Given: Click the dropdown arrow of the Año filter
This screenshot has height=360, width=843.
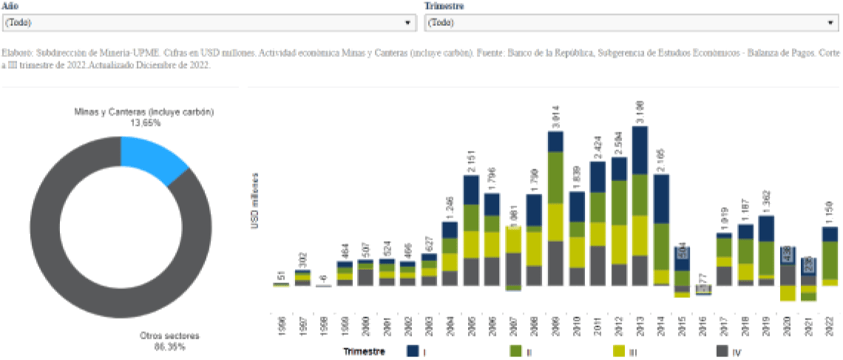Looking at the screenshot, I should pos(407,23).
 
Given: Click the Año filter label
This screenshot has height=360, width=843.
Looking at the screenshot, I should pos(11,6).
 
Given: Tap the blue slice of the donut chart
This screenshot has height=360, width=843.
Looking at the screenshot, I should pos(152,158).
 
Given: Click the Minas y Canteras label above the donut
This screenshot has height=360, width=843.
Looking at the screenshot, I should pos(144,112).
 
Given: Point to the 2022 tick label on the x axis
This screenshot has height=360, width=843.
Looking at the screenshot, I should pos(830,319).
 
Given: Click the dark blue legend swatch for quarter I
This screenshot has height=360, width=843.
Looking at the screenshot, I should pos(413,351).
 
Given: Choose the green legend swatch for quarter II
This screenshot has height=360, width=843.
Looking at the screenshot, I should pos(516,351).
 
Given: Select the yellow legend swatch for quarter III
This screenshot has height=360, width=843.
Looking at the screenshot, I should pos(620,351).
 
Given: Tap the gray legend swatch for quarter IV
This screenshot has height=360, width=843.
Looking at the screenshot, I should pos(722,351).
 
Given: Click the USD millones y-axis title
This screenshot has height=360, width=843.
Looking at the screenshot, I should pos(255,200).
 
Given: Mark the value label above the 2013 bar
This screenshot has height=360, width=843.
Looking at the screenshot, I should pos(640,112).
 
